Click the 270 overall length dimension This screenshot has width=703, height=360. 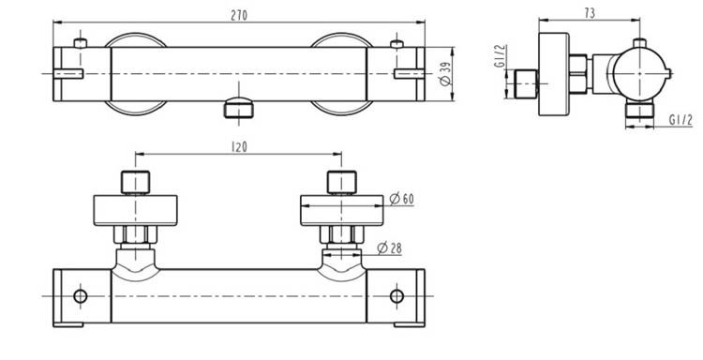tap(240, 12)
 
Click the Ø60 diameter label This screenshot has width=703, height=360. tap(401, 198)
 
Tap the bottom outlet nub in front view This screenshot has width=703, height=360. tap(240, 107)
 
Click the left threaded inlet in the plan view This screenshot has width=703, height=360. tap(136, 181)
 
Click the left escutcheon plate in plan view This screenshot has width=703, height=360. tap(136, 209)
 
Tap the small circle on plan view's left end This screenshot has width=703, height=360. tap(80, 297)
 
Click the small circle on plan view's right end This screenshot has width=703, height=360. tap(396, 297)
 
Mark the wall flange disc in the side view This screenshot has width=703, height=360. tap(554, 74)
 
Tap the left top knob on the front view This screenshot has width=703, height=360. tap(82, 43)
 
